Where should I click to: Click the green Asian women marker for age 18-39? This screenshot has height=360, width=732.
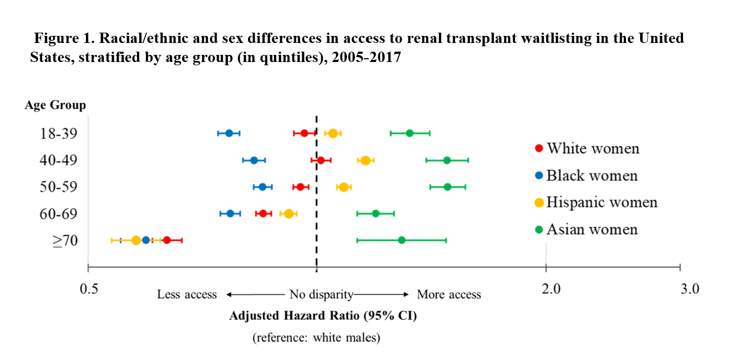[x=410, y=133]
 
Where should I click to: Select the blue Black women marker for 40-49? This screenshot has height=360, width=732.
[x=253, y=160]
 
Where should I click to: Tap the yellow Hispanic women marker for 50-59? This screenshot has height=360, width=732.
[x=344, y=187]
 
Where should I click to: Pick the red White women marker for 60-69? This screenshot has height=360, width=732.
[x=263, y=214]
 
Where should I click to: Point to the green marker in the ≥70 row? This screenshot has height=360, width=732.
[x=401, y=240]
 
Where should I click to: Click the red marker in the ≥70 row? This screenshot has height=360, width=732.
[x=167, y=240]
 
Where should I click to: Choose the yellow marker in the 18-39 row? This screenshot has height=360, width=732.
[x=333, y=133]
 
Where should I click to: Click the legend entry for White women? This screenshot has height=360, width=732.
[x=587, y=148]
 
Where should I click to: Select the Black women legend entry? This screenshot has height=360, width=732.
[x=586, y=176]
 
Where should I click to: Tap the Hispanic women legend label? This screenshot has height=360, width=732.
[x=596, y=202]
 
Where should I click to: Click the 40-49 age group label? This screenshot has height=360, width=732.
[x=58, y=160]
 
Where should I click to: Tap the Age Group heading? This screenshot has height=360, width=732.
[x=55, y=105]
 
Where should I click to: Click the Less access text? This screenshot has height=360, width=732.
[x=187, y=295]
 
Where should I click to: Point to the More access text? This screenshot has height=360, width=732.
[x=449, y=295]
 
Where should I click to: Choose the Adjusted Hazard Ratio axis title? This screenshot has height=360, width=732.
[x=323, y=316]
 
